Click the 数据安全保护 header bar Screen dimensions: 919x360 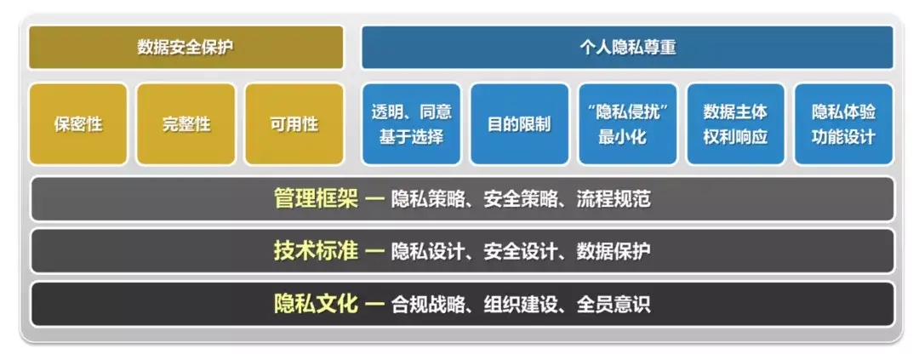(x=186, y=47)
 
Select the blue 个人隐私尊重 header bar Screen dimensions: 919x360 (x=627, y=47)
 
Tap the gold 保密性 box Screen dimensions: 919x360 (x=78, y=123)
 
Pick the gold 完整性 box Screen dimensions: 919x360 (x=186, y=123)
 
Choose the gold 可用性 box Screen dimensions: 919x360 (x=294, y=123)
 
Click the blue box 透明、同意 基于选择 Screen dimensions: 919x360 (x=412, y=123)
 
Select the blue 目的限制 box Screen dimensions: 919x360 (x=519, y=123)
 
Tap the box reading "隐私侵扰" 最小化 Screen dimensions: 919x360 (x=628, y=123)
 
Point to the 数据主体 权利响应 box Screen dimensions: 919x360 (x=735, y=123)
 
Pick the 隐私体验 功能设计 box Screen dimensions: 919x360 (x=843, y=123)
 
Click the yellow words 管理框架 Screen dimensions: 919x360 (x=316, y=199)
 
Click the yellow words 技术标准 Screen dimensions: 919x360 (x=316, y=251)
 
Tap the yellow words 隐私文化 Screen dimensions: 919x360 (x=316, y=304)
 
